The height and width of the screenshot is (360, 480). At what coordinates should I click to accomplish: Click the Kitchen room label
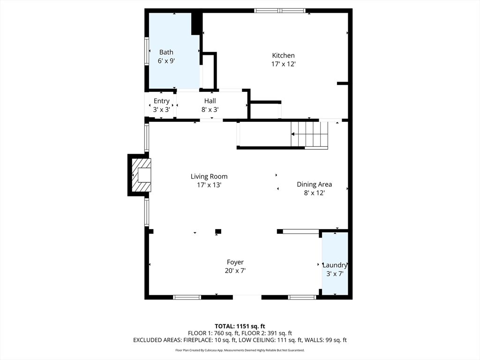tap(283, 55)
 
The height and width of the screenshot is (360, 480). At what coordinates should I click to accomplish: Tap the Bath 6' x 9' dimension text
tap(166, 61)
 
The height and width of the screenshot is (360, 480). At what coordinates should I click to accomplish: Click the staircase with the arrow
tap(309, 134)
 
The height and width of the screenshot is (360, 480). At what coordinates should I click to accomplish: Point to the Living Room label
tap(209, 176)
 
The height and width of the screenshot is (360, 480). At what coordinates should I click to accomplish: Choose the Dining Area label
tap(314, 184)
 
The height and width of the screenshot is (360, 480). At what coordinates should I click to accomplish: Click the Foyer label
tap(235, 262)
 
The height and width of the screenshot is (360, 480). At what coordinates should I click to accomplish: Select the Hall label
tap(210, 101)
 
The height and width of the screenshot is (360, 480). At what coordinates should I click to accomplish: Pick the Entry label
tap(161, 101)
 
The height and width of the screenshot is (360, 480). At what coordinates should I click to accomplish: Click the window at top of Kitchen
tap(280, 10)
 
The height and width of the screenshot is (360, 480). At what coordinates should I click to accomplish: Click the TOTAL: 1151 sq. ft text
tap(240, 326)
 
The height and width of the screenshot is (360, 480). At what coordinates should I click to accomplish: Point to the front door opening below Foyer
tap(247, 297)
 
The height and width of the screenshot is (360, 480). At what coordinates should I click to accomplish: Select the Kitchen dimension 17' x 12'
tap(283, 64)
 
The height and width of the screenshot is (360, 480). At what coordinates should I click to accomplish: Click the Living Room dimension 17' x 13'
tap(209, 185)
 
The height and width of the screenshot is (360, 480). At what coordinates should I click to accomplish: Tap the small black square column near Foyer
tap(218, 231)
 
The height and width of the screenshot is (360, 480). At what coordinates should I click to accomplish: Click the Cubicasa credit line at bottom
tap(240, 350)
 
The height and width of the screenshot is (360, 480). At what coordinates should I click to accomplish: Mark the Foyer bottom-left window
tap(187, 297)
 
